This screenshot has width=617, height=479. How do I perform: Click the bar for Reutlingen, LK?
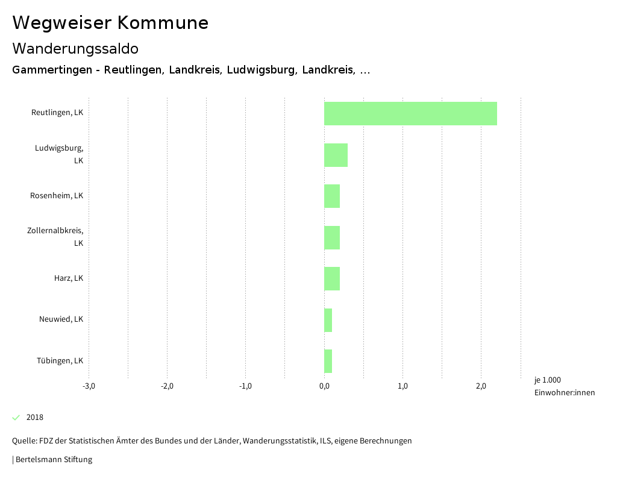(x=410, y=113)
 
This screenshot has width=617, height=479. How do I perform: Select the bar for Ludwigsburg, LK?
(x=336, y=155)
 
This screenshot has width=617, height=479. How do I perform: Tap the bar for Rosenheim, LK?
(x=332, y=196)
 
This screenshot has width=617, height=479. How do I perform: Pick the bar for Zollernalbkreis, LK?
(x=332, y=237)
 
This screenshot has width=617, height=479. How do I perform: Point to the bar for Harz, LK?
(x=332, y=278)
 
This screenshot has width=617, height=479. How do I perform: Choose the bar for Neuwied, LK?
(x=328, y=320)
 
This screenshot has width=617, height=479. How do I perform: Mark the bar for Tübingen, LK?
(x=328, y=361)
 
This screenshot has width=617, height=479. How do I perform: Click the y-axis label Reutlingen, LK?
(x=57, y=113)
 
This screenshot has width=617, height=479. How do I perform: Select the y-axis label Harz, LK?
(x=69, y=278)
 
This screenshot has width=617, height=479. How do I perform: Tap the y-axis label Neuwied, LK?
(x=61, y=319)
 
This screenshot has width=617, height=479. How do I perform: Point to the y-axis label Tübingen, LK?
(x=60, y=361)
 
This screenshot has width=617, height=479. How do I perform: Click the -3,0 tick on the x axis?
(x=89, y=386)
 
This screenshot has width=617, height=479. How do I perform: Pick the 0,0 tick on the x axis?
(x=324, y=386)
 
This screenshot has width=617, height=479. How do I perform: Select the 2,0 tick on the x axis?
(x=481, y=386)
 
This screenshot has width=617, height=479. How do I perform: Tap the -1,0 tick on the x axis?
(x=245, y=386)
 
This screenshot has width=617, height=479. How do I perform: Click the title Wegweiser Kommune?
(x=110, y=23)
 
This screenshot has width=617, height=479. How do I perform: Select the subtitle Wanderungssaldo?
(x=75, y=48)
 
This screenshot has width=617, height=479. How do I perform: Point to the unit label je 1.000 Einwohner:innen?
(x=564, y=386)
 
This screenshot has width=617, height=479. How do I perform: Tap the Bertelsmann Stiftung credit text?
(x=53, y=460)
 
